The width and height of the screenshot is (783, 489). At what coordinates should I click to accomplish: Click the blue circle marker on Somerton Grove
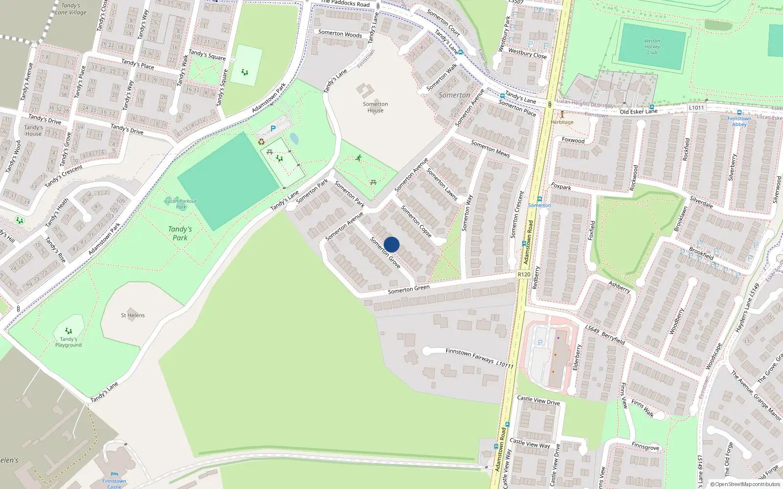point(391,244)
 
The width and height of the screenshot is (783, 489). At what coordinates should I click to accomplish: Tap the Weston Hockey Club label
point(652,47)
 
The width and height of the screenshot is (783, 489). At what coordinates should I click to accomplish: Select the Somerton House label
point(375,107)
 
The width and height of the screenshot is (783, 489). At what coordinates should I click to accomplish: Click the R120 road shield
point(524,274)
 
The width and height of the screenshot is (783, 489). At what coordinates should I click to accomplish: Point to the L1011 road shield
point(696,108)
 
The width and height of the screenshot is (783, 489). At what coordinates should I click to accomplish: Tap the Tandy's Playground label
point(69,342)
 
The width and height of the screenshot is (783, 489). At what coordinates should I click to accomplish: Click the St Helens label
point(133,315)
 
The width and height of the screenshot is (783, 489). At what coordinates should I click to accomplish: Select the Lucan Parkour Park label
point(181,204)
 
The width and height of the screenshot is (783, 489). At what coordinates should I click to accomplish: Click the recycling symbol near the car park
point(261,142)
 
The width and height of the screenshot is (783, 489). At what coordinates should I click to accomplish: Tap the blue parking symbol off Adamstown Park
point(273,129)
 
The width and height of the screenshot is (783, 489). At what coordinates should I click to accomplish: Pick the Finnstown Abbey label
point(739,121)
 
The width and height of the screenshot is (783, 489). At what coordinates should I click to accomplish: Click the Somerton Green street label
point(409,289)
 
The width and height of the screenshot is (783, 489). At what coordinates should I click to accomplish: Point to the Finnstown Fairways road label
point(479,357)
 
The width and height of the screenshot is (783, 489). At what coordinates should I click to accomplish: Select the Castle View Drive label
point(538,400)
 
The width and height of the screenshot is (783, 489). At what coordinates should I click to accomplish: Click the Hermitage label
point(562,122)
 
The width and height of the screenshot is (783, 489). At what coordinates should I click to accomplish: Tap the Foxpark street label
point(561,187)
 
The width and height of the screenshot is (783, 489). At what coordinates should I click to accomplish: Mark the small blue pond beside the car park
point(294,139)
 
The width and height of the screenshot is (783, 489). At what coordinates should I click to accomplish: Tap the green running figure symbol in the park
point(359,158)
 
